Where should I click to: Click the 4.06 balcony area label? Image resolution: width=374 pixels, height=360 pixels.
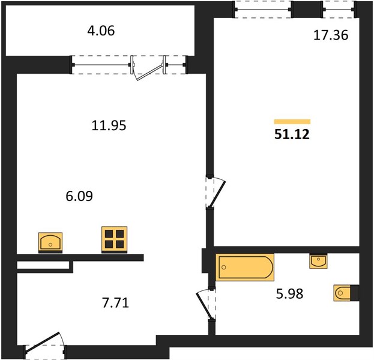pos(101,31)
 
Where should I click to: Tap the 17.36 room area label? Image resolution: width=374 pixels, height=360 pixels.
pos(331,35)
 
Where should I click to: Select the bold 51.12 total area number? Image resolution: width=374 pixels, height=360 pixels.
pos(292,134)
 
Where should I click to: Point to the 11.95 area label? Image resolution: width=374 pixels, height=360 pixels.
pos(109,125)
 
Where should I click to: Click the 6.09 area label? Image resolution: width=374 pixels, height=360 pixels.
pos(79,196)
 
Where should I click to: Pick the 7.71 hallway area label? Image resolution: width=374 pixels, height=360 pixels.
pos(116,303)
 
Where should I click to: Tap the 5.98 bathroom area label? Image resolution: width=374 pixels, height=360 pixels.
pos(290,294)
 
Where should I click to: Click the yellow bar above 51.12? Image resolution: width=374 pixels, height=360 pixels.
pos(292,122)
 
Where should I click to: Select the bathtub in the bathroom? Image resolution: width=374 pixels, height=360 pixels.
pos(245,267)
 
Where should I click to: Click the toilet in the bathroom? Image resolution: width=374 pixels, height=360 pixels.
pos(343,293)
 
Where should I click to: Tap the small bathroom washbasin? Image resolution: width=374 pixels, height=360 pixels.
pos(318,261)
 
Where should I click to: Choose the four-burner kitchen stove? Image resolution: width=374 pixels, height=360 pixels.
pos(114,239)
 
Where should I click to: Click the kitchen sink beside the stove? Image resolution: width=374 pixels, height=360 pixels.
pos(50,242)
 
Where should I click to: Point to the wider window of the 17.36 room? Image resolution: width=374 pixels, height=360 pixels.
pos(263,10)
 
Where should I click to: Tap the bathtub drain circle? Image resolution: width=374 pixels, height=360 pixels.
pos(223,267)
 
